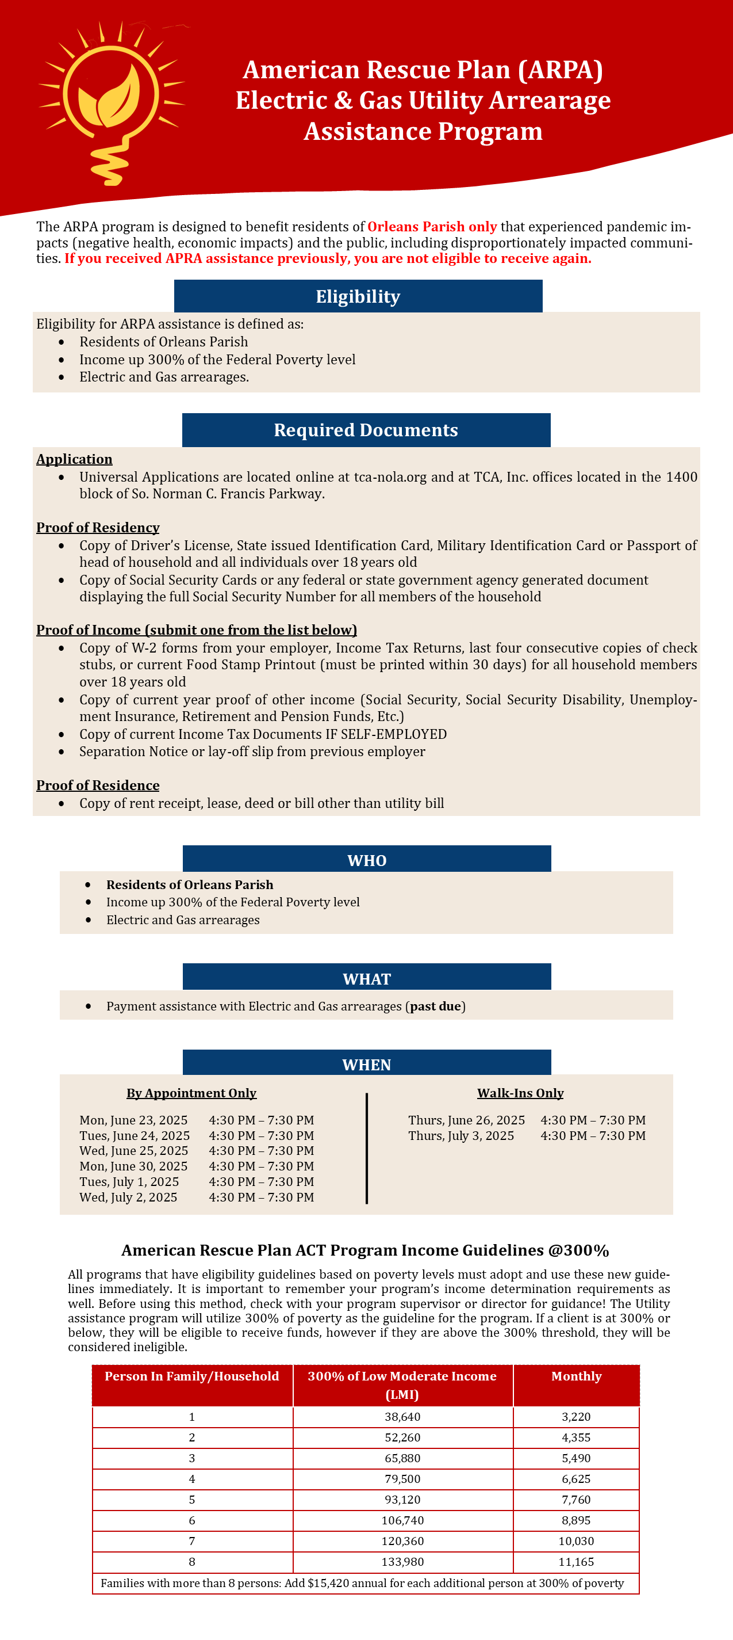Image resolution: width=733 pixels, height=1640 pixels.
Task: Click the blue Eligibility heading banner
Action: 358,296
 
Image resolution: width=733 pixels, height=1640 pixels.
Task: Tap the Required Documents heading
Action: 366,430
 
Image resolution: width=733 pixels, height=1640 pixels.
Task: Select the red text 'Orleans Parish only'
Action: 431,227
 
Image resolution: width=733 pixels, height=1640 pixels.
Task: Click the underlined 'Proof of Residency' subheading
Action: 97,527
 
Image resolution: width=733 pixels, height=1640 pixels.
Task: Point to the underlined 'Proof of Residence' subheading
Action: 97,785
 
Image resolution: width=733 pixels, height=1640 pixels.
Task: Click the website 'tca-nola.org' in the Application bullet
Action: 389,477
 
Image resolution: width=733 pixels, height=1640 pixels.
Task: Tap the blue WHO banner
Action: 367,860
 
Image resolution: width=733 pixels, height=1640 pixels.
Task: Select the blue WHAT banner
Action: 367,978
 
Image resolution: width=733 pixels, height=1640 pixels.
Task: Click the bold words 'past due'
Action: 435,1006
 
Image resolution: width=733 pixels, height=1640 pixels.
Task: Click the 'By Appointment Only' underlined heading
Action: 191,1093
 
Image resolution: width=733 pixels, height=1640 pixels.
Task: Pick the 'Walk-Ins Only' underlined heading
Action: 520,1093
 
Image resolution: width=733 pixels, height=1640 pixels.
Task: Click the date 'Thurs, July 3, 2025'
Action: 460,1135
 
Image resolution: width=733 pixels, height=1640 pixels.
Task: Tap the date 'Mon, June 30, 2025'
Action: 133,1166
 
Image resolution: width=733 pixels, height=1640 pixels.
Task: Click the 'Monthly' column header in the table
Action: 576,1376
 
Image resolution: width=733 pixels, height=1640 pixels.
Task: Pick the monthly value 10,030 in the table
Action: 576,1540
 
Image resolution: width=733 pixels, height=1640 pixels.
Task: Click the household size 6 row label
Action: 191,1520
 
